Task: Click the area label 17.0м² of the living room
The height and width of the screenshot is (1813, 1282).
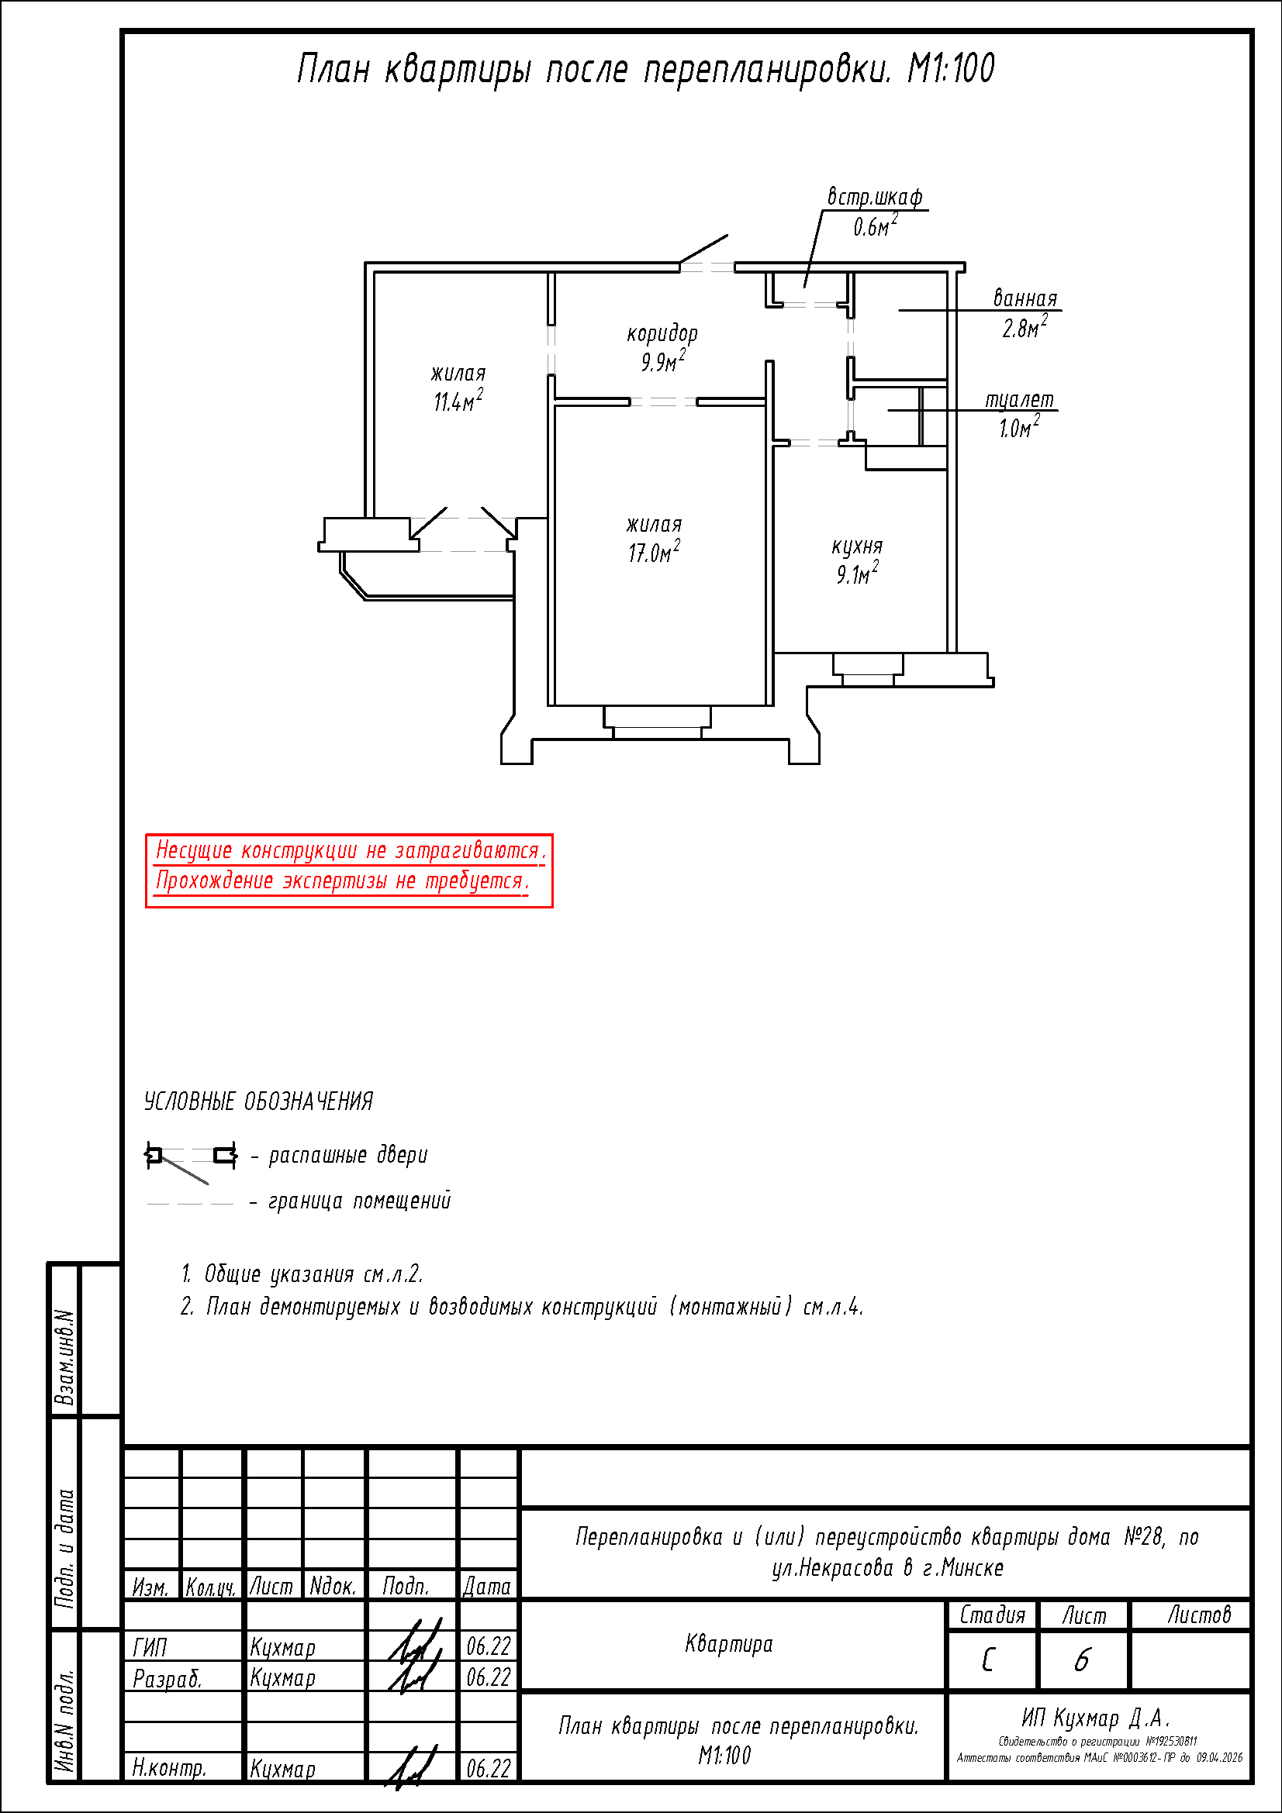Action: [x=654, y=551]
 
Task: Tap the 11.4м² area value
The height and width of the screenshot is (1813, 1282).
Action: [x=458, y=399]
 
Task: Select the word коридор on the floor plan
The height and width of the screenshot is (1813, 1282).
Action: [x=662, y=333]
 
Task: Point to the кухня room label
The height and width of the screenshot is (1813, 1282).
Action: [x=857, y=546]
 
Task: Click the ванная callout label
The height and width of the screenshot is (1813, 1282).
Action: [x=1025, y=298]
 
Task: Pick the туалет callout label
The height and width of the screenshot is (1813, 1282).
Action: [x=1020, y=400]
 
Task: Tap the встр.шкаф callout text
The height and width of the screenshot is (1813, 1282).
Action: [x=875, y=197]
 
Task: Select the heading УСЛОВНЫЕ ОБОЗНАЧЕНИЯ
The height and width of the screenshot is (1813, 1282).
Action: [x=258, y=1101]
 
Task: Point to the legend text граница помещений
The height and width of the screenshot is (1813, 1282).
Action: [x=359, y=1201]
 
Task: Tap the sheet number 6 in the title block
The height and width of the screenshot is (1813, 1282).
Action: [x=1082, y=1660]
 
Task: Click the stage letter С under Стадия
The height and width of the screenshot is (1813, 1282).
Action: [x=988, y=1660]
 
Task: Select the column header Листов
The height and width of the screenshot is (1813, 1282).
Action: [x=1199, y=1615]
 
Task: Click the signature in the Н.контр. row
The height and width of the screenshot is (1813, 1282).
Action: [x=413, y=1768]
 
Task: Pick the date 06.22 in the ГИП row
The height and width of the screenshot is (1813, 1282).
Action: [x=489, y=1646]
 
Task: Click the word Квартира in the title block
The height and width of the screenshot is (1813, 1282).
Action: [x=729, y=1645]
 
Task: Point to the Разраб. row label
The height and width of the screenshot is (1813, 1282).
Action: [x=168, y=1678]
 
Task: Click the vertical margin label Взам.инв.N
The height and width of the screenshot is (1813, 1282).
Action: [x=65, y=1358]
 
